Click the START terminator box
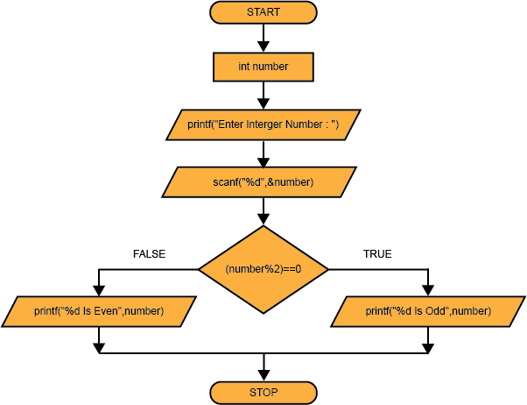click(263, 12)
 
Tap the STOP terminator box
click(263, 392)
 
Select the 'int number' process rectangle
click(263, 66)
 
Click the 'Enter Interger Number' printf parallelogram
click(263, 124)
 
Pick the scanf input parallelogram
click(263, 182)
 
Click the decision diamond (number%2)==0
click(263, 269)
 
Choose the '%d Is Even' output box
click(98, 310)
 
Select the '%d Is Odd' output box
click(428, 310)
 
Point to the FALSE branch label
click(149, 254)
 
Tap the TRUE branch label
click(377, 254)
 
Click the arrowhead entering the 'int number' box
click(263, 47)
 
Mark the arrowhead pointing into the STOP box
click(263, 375)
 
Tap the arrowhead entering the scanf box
click(263, 162)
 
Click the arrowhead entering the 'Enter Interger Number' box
click(263, 104)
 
